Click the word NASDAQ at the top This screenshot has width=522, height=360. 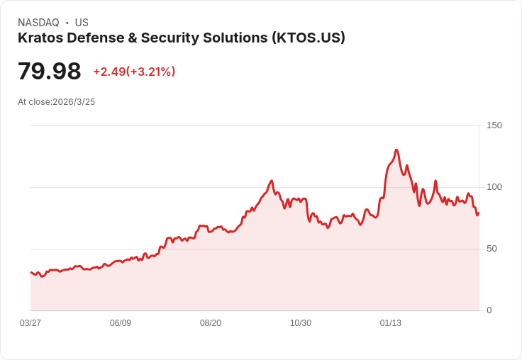38,23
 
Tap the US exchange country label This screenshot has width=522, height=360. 82,23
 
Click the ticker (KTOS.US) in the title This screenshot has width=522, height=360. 308,38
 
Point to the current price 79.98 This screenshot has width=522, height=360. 49,72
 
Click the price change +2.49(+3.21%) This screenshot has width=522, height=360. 134,72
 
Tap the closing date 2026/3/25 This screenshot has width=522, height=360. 74,102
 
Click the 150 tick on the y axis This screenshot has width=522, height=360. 494,125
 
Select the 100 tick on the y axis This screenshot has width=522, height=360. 494,187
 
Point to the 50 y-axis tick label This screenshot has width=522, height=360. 492,249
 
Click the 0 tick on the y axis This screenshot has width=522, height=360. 489,310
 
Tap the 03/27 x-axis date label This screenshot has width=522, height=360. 30,323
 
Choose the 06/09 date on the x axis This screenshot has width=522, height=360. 121,323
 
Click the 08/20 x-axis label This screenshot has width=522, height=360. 211,323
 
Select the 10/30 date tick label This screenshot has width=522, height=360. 301,323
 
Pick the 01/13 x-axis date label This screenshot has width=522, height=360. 391,323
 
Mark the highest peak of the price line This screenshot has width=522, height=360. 396,150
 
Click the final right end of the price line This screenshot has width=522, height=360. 479,213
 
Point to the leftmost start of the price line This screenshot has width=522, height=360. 30,272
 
